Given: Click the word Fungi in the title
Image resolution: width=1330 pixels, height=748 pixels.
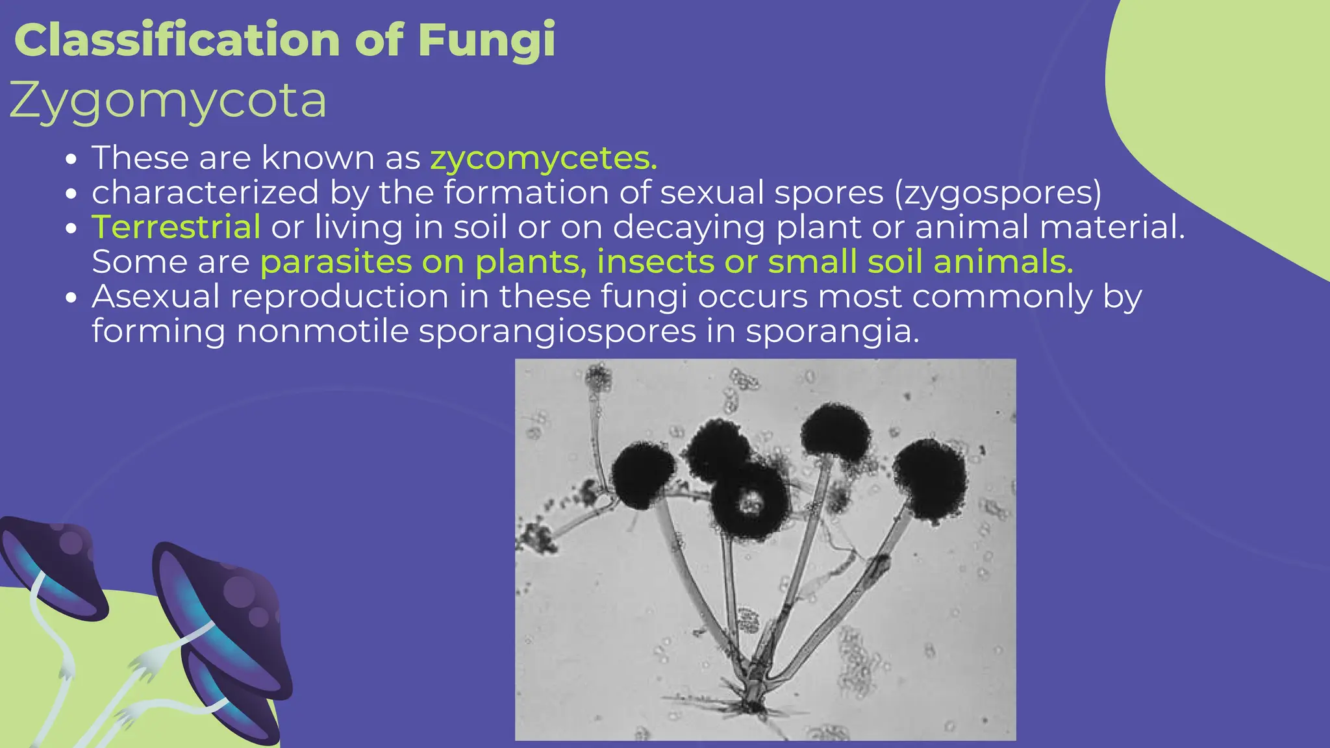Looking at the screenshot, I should point(486,40).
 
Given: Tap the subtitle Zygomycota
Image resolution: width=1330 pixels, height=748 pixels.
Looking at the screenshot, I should point(168,101).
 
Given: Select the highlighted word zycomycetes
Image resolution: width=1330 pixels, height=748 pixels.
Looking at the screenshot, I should point(544,158).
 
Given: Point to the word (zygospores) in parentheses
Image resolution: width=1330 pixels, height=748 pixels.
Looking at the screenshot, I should point(997,193).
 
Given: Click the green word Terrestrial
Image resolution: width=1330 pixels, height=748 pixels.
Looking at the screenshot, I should point(176,227).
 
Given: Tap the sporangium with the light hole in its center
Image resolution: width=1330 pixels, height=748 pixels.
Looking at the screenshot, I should point(750,500).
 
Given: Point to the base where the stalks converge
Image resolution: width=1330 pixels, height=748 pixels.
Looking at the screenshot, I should point(753,698).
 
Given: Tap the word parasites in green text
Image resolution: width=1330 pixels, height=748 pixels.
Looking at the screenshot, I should point(336,262).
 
